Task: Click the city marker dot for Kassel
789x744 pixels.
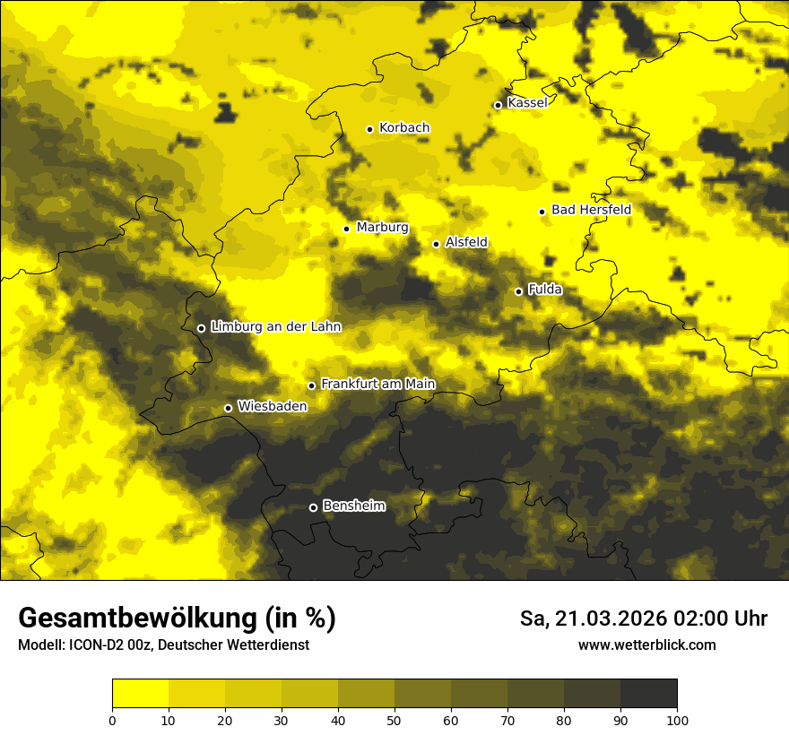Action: click(x=498, y=105)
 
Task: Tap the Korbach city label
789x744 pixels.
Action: click(x=403, y=128)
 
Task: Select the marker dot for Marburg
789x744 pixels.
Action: click(x=346, y=229)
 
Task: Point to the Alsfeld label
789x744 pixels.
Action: click(x=466, y=242)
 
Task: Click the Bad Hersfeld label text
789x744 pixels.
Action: click(x=591, y=210)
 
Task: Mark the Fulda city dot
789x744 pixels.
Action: click(x=518, y=291)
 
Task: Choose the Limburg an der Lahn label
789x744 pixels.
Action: click(x=275, y=327)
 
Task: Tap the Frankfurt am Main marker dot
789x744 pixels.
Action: click(x=311, y=385)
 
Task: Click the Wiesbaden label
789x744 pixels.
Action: click(x=272, y=406)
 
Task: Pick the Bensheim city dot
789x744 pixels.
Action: click(x=313, y=507)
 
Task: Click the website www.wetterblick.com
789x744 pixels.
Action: click(x=646, y=645)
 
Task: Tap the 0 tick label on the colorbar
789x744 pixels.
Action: click(x=112, y=720)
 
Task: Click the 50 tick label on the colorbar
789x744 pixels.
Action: click(x=394, y=720)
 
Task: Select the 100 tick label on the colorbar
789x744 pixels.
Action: click(x=677, y=720)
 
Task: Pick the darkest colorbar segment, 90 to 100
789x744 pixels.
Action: click(x=648, y=693)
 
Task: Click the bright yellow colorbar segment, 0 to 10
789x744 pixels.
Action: click(x=140, y=693)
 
